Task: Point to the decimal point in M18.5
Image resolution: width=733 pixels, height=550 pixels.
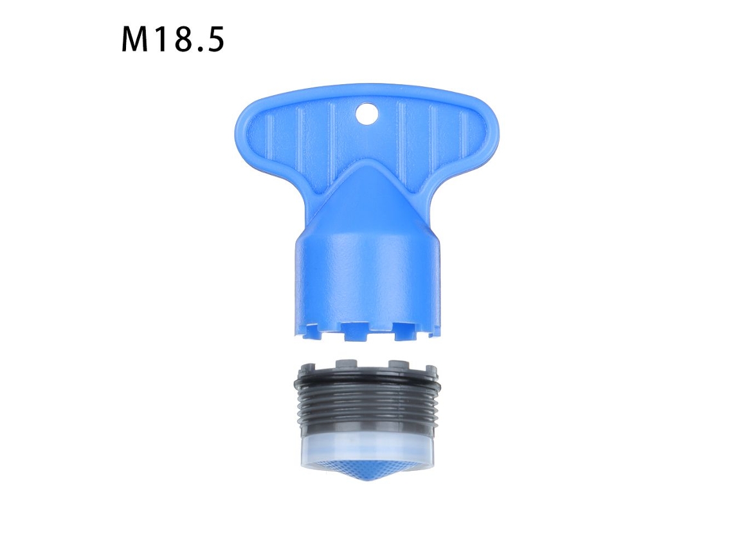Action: (x=198, y=48)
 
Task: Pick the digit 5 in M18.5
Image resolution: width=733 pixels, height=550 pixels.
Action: (x=215, y=39)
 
